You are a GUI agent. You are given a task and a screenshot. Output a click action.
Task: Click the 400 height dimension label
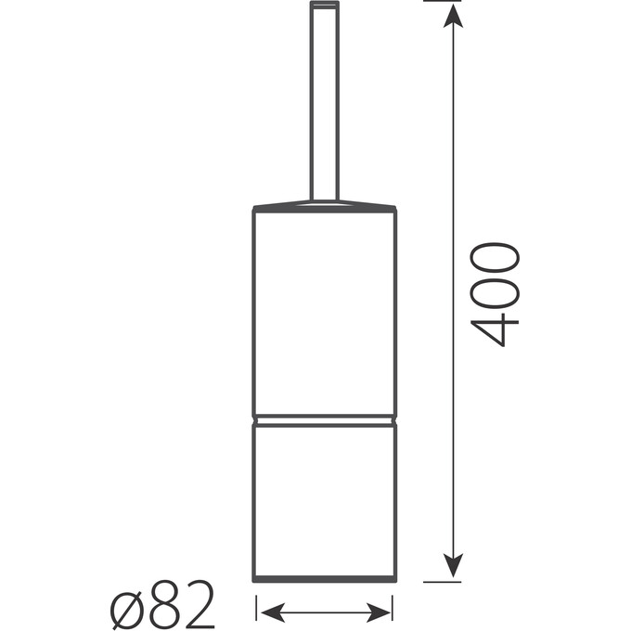coord(495,294)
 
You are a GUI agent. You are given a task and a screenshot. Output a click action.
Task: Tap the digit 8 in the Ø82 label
coord(164,605)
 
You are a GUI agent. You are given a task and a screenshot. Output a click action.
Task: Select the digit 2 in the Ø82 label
coord(199,604)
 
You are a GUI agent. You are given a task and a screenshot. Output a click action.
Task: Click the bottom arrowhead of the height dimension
coord(453,565)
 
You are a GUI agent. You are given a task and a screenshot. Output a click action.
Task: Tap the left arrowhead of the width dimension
coord(273,612)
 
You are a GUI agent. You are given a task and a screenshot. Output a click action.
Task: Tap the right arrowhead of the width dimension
coord(379,612)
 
